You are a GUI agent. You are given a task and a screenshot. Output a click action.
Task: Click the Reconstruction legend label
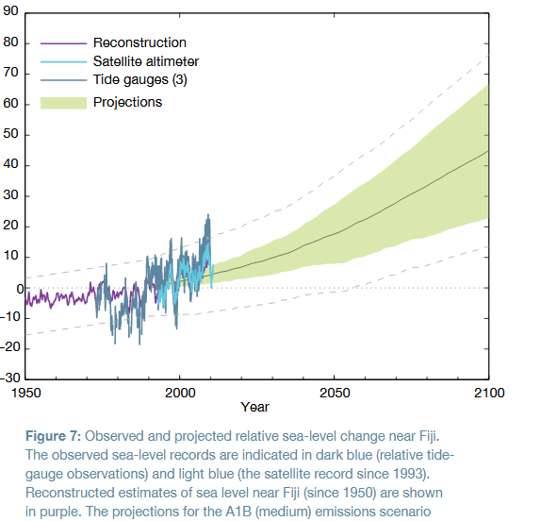139,43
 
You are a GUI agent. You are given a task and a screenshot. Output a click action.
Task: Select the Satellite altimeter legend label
146,61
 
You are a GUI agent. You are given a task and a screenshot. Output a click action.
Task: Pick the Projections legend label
127,102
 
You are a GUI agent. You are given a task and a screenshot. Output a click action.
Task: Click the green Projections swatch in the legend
63,102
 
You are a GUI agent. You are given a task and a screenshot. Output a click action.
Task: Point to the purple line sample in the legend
63,43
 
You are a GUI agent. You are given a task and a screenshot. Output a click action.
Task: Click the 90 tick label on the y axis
10,12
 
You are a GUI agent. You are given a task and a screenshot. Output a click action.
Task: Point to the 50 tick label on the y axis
10,135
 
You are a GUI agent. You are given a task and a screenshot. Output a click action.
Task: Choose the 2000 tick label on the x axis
180,393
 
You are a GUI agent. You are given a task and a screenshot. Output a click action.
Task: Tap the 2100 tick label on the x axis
488,393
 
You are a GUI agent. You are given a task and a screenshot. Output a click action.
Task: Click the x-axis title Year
255,408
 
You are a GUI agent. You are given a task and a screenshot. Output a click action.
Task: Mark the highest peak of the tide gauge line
207,216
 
